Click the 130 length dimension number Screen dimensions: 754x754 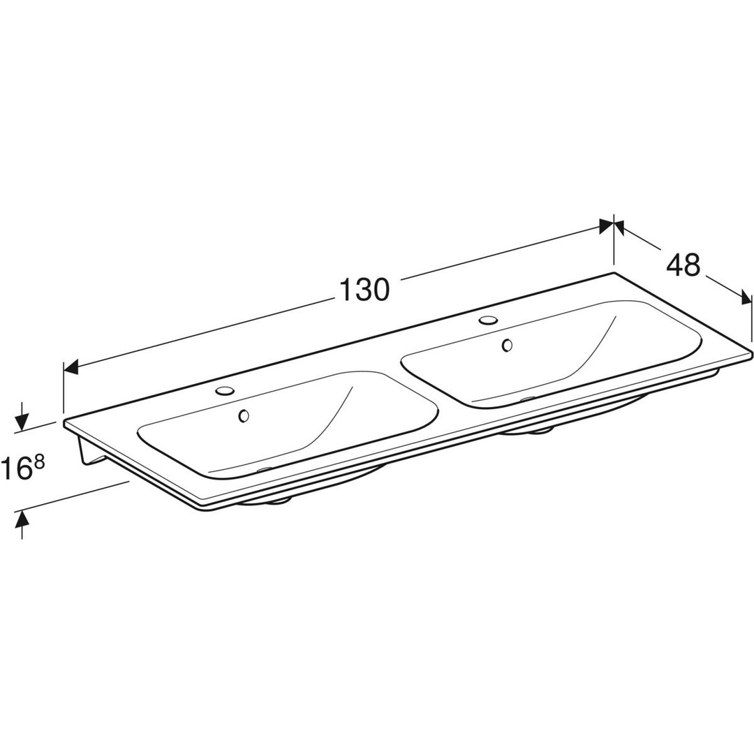(364, 290)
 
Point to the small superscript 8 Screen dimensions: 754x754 (40, 463)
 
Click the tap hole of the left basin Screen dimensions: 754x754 (225, 390)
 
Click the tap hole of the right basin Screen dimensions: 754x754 (488, 319)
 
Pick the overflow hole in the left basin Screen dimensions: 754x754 (244, 415)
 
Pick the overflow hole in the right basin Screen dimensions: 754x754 (507, 346)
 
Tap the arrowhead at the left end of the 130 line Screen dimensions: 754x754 (71, 368)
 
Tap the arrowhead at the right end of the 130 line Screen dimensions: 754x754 (607, 226)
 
